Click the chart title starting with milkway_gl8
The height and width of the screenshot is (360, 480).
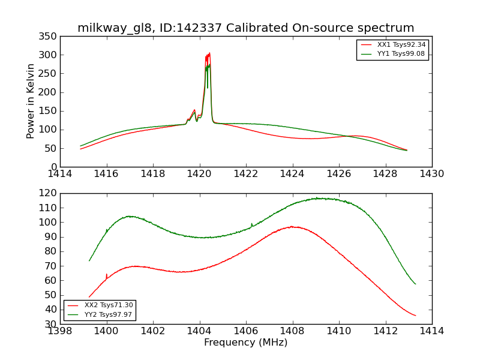point(245,28)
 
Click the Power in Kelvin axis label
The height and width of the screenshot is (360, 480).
point(31,101)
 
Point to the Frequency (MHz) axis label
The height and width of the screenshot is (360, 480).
point(245,343)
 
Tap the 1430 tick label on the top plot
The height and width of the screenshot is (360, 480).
point(431,174)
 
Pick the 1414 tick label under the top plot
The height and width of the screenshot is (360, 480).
point(60,174)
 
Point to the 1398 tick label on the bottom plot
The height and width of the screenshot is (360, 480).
point(60,331)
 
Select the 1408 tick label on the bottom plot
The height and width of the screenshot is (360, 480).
point(292,331)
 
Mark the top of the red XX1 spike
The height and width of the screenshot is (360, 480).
point(209,53)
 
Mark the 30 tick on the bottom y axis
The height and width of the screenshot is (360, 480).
point(51,324)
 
